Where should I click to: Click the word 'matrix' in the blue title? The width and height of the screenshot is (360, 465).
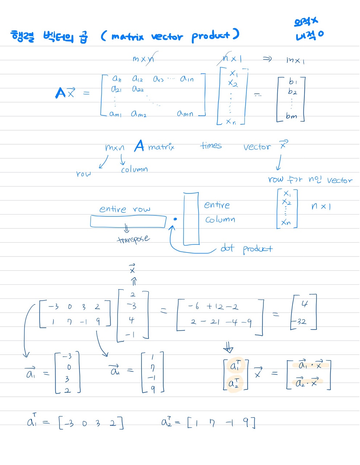(127, 36)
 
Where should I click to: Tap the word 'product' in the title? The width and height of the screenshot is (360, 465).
(211, 36)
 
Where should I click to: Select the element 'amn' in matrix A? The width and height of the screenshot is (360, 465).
(185, 113)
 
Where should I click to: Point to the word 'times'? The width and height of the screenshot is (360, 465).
(211, 146)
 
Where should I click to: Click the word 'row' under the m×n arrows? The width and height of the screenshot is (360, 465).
(83, 174)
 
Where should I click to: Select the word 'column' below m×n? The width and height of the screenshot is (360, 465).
(134, 169)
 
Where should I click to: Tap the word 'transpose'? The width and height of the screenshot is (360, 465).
(133, 239)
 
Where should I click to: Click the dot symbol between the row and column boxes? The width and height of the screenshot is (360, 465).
(175, 219)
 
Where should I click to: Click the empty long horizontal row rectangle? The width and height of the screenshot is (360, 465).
(128, 221)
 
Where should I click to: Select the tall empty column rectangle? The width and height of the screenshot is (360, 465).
(191, 219)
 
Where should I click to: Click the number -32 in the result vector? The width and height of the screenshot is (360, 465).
(300, 322)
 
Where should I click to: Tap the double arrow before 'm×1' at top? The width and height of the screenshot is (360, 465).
(267, 59)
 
